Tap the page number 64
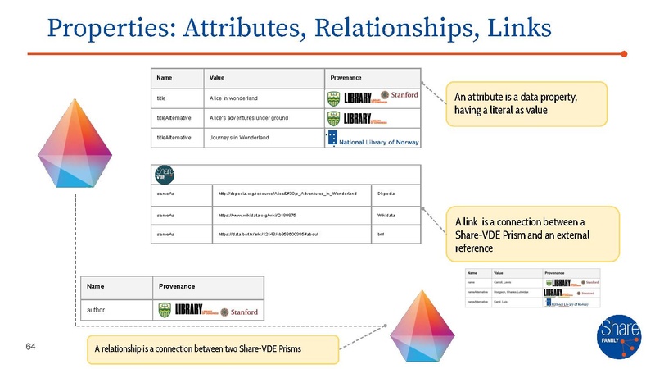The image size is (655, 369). pos(32,348)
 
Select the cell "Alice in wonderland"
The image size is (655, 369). pos(237,98)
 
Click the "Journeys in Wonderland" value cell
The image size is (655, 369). pos(239,137)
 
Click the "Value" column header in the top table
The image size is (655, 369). pos(217,77)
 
